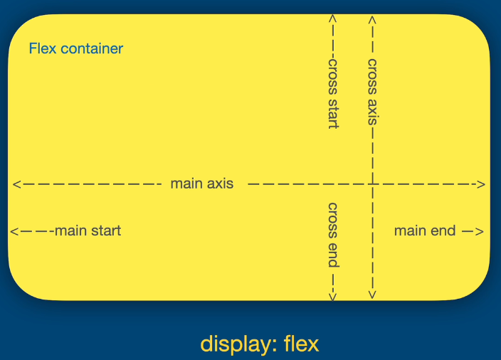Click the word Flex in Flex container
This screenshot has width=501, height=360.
(x=43, y=49)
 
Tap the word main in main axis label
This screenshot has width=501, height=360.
(x=186, y=184)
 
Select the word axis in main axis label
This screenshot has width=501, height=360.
(x=220, y=184)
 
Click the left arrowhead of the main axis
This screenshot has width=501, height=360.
(x=16, y=184)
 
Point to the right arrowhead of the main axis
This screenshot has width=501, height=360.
(x=482, y=184)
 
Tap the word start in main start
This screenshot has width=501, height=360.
(x=106, y=231)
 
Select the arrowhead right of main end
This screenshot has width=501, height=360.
(x=480, y=231)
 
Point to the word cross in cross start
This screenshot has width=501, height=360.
(x=332, y=73)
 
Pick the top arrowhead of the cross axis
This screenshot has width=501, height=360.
(x=372, y=19)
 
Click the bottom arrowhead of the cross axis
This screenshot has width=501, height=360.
(x=372, y=294)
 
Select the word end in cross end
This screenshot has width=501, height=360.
(x=332, y=256)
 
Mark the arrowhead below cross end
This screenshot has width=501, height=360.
(x=332, y=295)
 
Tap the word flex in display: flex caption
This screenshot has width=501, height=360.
(x=302, y=344)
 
